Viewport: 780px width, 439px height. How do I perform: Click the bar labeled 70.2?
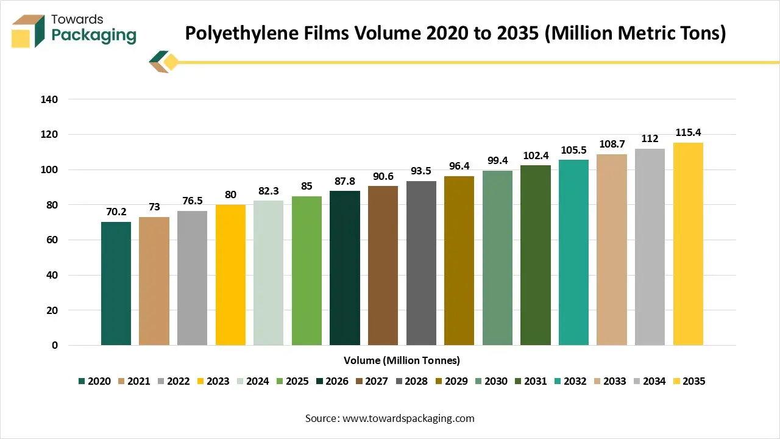116,284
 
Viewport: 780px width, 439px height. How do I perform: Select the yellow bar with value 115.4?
688,244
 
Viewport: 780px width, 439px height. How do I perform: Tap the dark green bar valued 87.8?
345,268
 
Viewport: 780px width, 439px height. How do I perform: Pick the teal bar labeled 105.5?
573,252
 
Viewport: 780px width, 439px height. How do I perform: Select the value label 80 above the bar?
230,195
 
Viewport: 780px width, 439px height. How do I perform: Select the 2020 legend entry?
94,381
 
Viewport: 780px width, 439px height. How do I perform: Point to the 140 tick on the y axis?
50,99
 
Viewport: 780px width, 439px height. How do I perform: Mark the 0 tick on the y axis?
55,345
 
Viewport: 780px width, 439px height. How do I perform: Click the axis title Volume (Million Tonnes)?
402,360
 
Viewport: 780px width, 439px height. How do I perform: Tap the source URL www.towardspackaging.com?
408,418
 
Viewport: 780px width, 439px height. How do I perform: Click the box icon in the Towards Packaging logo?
28,30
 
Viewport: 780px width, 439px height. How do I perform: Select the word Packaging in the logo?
94,36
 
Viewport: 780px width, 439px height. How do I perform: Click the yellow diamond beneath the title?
171,62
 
